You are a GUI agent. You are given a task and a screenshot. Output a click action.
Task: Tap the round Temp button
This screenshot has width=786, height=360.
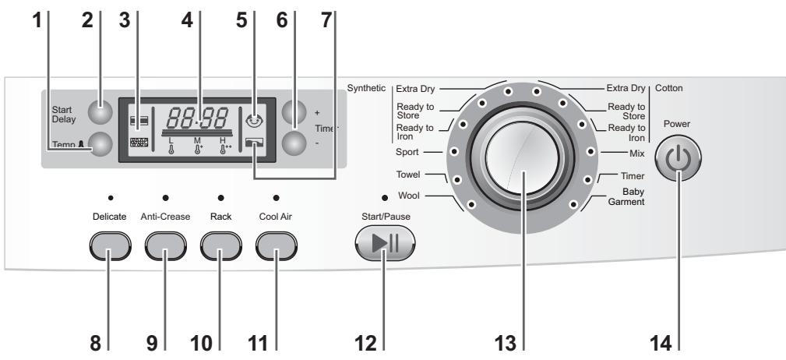[x=100, y=144]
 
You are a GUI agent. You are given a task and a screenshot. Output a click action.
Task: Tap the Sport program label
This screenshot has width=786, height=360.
[x=410, y=151]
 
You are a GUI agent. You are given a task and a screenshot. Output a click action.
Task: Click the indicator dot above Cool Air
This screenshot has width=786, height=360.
[x=277, y=196]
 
